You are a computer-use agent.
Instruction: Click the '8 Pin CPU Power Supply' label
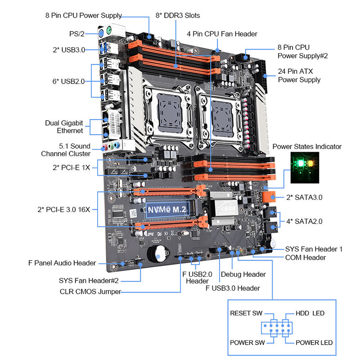83,15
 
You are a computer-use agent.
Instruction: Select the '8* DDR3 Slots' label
178,15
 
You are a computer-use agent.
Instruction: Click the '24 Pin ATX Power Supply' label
299,75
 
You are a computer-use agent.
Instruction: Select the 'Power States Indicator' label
307,147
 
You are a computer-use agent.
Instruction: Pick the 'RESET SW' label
246,313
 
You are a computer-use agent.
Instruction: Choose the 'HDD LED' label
310,313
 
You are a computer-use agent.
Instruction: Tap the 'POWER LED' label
314,342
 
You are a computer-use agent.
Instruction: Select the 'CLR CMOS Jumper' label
90,291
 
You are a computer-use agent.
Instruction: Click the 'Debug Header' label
243,274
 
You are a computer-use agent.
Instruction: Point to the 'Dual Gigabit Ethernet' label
64,126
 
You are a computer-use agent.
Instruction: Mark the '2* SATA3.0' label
304,198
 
